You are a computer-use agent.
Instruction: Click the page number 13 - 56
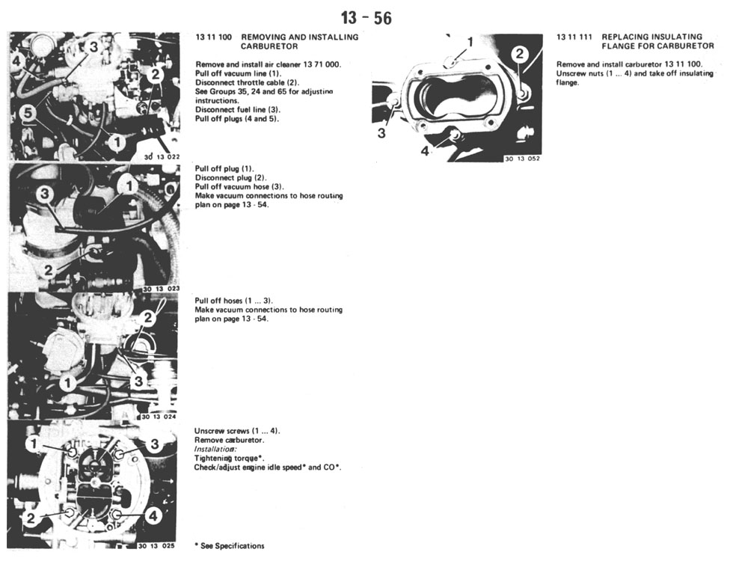(x=367, y=18)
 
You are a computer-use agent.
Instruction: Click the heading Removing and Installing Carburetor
(x=300, y=41)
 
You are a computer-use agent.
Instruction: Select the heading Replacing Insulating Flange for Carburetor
(x=658, y=41)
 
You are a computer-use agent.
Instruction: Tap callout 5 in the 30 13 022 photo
(x=28, y=113)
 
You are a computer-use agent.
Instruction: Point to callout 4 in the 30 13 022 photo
(x=16, y=61)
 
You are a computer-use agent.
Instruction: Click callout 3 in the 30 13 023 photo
(x=45, y=194)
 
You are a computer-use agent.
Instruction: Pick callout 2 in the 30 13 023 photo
(x=48, y=270)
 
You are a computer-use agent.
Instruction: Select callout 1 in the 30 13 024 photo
(x=68, y=382)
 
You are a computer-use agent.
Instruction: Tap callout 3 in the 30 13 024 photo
(x=138, y=381)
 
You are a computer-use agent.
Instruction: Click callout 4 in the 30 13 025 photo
(x=153, y=516)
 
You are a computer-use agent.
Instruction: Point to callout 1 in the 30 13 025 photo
(x=34, y=444)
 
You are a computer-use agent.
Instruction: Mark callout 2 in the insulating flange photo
(x=519, y=54)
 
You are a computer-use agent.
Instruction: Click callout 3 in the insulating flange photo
(x=381, y=133)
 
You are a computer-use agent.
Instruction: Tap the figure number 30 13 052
(x=522, y=159)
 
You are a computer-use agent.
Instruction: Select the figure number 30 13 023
(x=161, y=289)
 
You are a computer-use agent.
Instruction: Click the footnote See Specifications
(x=230, y=545)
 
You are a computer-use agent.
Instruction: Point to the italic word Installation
(x=215, y=449)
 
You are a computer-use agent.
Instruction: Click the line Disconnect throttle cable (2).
(x=247, y=82)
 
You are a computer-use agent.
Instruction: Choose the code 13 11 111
(x=574, y=37)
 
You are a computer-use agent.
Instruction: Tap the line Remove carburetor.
(x=229, y=440)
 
